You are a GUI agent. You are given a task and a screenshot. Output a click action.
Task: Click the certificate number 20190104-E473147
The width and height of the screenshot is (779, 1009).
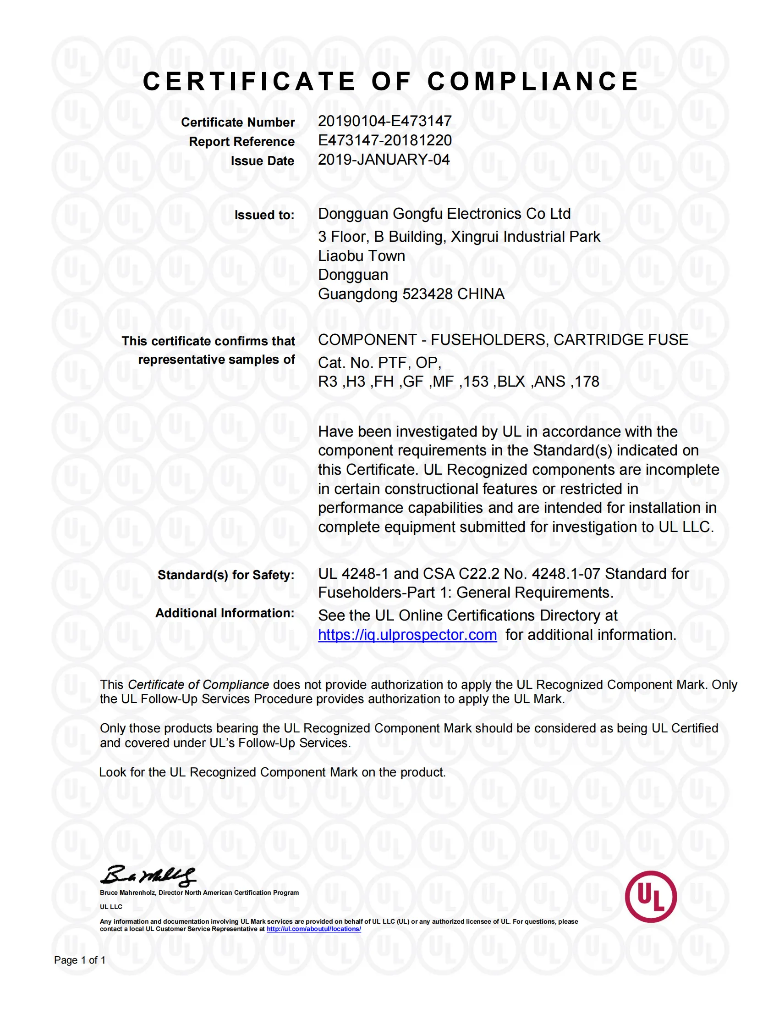pos(384,121)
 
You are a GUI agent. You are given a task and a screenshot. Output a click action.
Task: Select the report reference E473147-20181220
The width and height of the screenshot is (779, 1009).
pos(384,140)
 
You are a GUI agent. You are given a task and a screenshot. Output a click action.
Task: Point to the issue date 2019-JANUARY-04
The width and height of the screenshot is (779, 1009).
pos(384,160)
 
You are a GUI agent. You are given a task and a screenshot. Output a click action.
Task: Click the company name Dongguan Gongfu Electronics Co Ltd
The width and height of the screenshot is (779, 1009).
pos(444,214)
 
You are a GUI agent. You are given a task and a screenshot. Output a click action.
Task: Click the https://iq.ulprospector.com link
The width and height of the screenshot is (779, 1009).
pos(407,635)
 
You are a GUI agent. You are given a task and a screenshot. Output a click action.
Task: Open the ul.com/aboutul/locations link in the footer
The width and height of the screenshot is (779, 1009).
pos(313,929)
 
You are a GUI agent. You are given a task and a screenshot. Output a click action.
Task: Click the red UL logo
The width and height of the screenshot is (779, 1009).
pos(650,897)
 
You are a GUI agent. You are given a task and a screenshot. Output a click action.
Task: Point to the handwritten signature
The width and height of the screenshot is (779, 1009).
pos(148,876)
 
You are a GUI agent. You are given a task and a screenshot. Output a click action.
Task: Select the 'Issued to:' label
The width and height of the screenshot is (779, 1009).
pos(264,215)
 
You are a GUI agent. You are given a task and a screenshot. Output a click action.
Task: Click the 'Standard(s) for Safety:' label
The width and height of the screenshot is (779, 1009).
pos(225,575)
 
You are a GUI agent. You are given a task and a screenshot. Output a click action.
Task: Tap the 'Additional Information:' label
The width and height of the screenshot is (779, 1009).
pos(225,613)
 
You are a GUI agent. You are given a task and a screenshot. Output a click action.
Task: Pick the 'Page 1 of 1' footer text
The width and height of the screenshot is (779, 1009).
pos(80,960)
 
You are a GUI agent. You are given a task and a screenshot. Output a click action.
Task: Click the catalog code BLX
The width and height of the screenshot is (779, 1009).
pos(511,382)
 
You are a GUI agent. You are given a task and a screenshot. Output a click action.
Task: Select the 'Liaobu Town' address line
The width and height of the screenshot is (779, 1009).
pos(362,256)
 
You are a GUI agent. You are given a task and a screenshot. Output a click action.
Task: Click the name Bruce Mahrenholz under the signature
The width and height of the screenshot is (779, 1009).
pos(127,893)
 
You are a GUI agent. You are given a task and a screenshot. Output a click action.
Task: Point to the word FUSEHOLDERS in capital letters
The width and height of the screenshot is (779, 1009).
pos(489,340)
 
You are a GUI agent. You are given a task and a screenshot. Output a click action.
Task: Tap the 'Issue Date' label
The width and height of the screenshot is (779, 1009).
pos(262,161)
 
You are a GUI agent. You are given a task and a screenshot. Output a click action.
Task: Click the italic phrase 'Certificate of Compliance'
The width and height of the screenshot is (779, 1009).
pos(198,685)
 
